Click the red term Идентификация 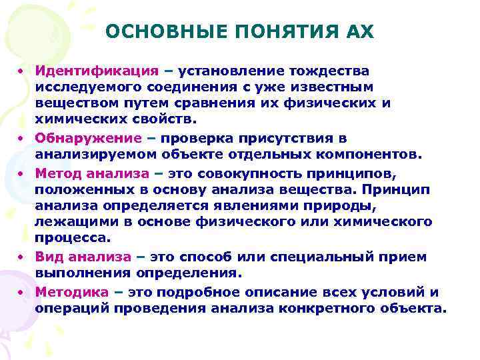(97, 70)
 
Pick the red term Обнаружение (89, 138)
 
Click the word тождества (326, 70)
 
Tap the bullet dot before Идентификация (21, 71)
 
